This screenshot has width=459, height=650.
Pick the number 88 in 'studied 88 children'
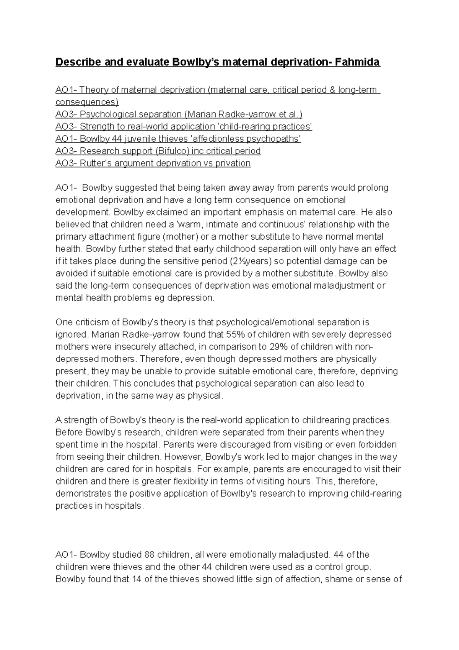click(150, 555)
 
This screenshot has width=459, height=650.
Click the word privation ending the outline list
click(233, 163)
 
